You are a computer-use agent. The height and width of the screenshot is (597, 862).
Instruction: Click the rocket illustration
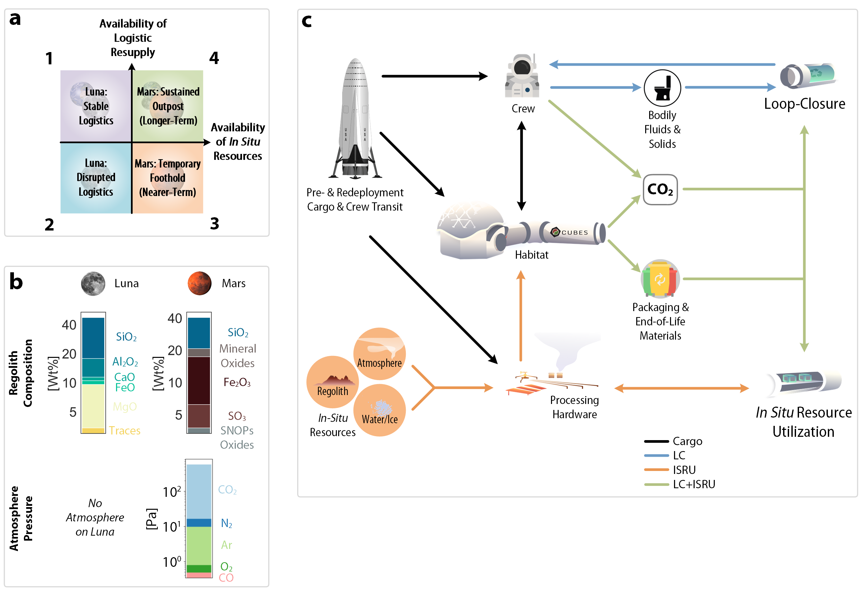355,120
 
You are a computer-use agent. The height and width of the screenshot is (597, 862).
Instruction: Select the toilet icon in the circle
662,88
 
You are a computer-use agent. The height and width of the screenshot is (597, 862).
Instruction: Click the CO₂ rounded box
660,190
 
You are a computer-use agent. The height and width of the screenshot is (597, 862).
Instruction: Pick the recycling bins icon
660,279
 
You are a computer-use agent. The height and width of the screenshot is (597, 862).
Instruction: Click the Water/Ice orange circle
379,410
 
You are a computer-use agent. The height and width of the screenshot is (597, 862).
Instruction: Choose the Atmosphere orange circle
379,354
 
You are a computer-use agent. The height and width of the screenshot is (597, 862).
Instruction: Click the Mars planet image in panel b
199,284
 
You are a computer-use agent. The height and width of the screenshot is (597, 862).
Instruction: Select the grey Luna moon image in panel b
93,284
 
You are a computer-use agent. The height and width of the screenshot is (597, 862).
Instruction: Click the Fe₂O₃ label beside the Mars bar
237,382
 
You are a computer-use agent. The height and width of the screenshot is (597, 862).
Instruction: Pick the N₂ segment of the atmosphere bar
199,523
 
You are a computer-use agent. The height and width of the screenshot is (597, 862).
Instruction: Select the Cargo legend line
656,441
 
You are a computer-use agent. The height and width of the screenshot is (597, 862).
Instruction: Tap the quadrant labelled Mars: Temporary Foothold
168,178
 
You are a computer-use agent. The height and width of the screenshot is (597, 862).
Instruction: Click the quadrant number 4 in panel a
214,58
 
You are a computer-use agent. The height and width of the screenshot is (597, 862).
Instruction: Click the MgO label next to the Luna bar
125,407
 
